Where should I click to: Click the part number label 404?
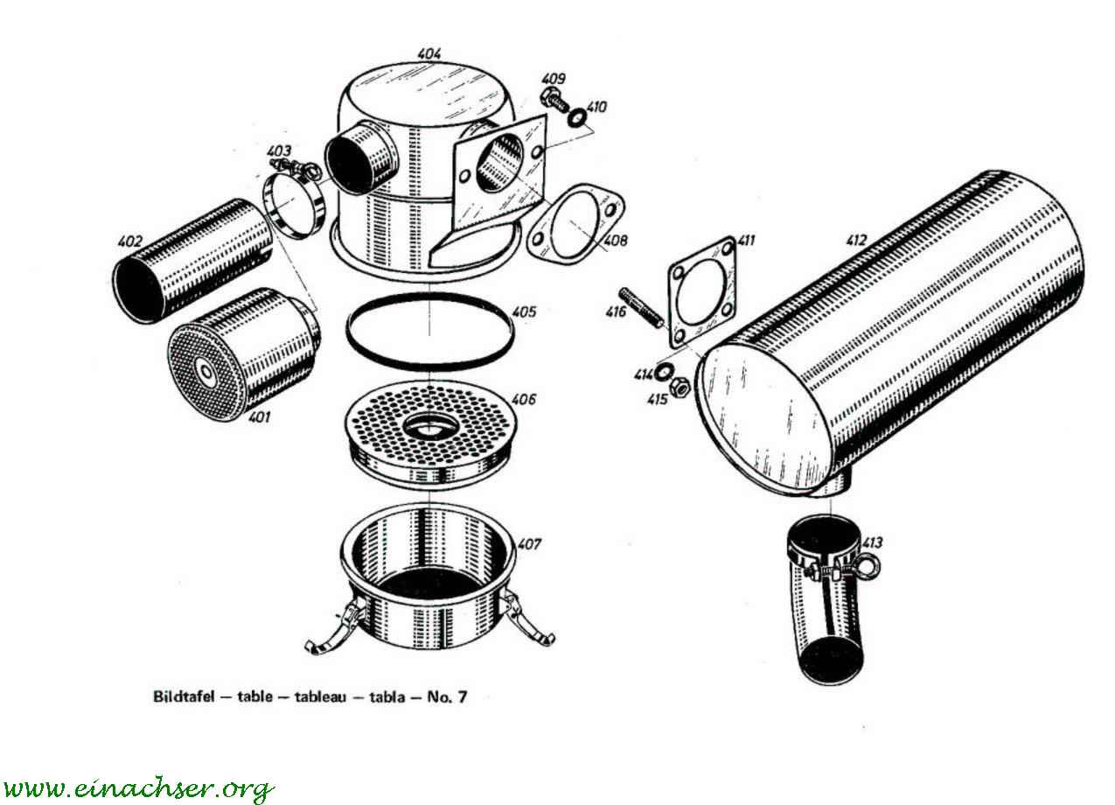[429, 53]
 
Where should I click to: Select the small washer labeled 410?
[577, 117]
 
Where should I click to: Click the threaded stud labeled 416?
[641, 308]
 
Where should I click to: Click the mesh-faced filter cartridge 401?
[243, 353]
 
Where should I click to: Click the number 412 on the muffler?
[857, 241]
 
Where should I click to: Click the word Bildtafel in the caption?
[184, 696]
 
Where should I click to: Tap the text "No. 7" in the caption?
[448, 696]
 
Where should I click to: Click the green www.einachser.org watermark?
[137, 788]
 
